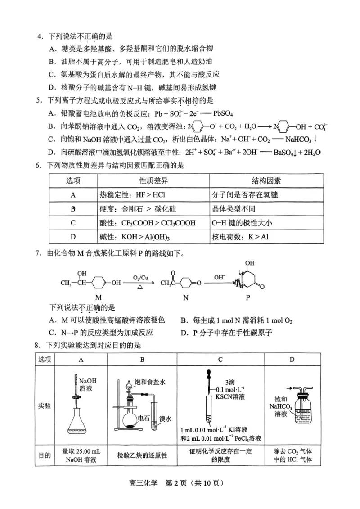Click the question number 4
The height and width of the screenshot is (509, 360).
[x=40, y=36]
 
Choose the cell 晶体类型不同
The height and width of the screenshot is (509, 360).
[x=233, y=209]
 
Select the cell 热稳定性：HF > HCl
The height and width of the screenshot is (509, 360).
[x=127, y=195]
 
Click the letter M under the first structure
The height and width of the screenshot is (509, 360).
[x=99, y=297]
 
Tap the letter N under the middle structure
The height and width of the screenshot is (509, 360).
[x=185, y=297]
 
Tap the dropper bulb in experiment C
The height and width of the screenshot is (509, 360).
[x=208, y=374]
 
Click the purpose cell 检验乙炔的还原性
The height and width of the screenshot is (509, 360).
[x=142, y=455]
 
